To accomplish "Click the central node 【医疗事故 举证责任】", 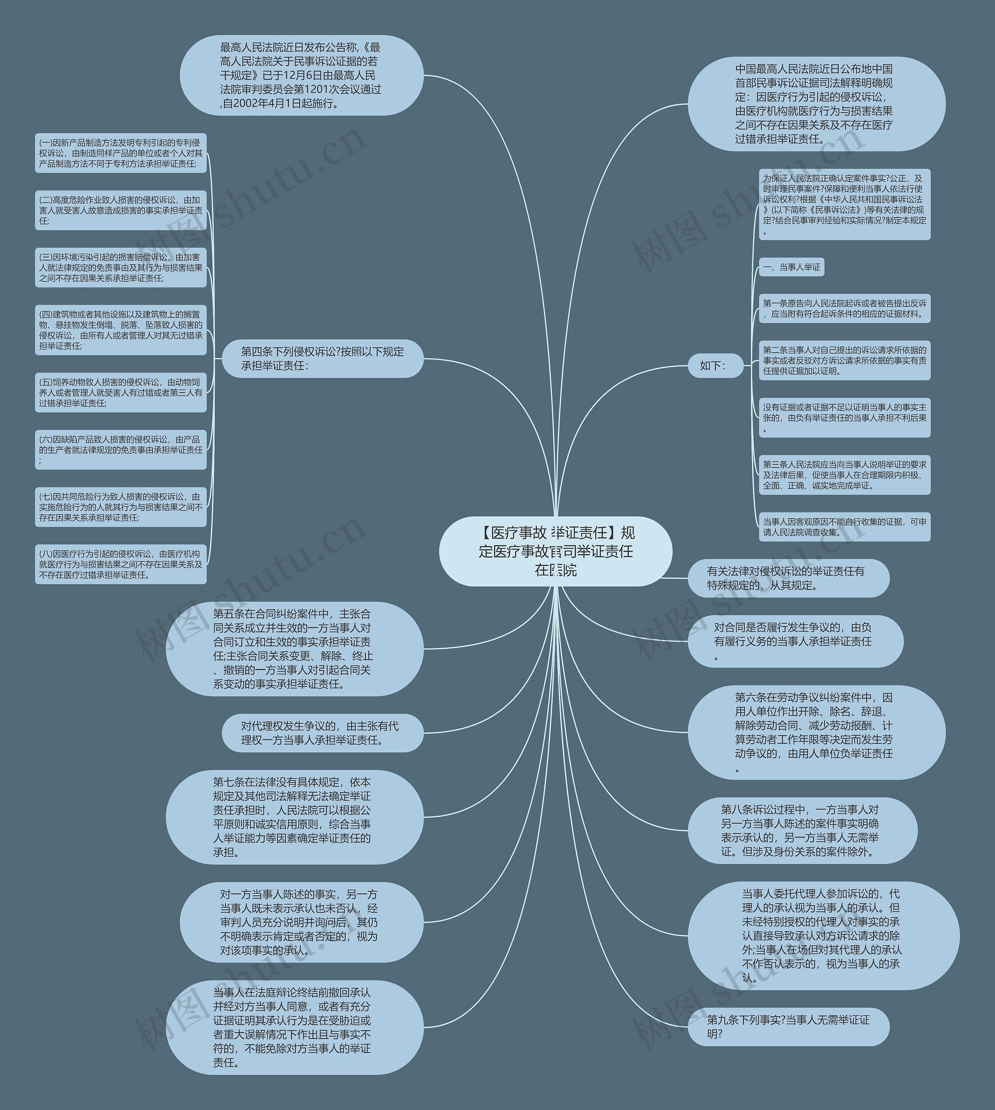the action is click(x=555, y=551).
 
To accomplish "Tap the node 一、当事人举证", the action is click(x=791, y=267).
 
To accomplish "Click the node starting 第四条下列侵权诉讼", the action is click(x=323, y=359).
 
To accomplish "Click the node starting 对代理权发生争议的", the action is click(x=323, y=733).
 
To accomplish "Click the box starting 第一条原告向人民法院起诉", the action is click(x=844, y=308).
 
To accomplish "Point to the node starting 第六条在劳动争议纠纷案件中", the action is click(x=816, y=733).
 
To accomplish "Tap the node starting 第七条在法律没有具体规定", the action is click(x=294, y=817).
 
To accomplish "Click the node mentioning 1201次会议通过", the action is click(x=301, y=75).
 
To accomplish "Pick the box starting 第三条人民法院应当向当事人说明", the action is click(x=844, y=475).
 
